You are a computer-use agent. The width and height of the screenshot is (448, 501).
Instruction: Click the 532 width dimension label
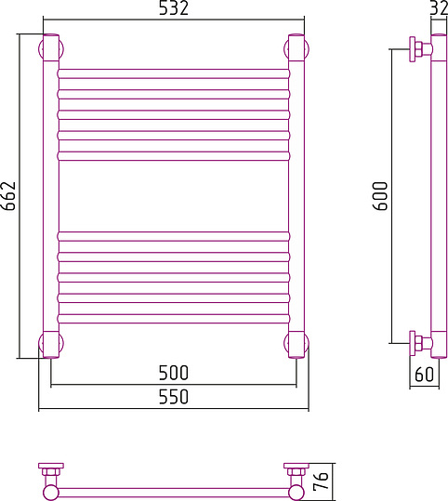173,10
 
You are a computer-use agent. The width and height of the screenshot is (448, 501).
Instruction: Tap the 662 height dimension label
9,196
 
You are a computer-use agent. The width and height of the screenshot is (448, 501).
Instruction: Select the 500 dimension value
173,373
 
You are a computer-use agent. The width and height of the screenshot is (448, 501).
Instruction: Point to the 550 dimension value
173,397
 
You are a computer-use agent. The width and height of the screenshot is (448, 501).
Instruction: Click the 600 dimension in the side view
380,196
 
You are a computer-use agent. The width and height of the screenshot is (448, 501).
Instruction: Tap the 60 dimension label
424,375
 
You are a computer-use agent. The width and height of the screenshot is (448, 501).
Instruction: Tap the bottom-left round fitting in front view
50,344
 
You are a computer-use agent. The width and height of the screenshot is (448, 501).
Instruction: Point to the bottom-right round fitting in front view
296,344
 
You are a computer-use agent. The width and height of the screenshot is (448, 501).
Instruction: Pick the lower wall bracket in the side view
420,342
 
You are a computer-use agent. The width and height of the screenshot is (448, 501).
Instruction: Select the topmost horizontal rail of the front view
173,72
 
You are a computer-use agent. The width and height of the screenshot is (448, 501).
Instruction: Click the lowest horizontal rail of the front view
173,320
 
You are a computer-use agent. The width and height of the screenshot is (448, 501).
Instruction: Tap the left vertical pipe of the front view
50,196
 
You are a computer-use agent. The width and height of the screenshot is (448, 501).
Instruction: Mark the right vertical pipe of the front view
296,196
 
